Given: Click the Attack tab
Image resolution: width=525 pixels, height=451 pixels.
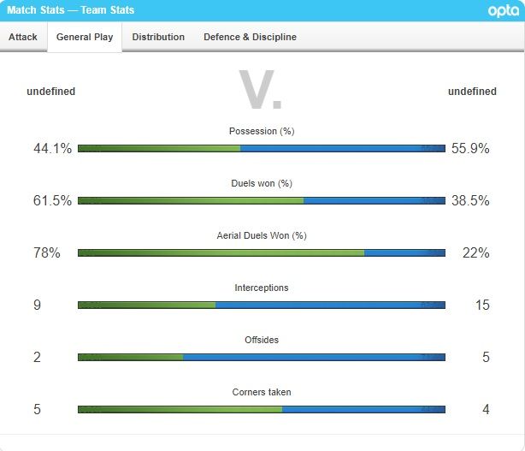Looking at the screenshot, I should coord(23,37).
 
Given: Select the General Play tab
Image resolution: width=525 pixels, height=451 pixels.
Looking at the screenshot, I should coord(85,37).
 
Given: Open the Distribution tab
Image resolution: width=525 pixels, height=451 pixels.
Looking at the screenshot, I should coord(158,37).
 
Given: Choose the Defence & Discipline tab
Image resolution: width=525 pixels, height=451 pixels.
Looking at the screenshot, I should coord(250,37).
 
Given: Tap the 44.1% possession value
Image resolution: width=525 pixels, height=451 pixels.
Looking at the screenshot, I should coord(52,148).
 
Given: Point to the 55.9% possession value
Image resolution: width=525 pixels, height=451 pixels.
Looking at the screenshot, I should coord(469,148).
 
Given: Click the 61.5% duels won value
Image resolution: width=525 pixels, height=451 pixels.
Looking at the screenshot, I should coord(52,200).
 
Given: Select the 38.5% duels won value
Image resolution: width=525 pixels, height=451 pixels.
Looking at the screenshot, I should coord(469,200).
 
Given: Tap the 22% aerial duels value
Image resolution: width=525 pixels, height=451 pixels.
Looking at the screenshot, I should coord(475,252).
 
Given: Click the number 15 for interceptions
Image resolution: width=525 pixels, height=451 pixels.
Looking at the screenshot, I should coord(482,305).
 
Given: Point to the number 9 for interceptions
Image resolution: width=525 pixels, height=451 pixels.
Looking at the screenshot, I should coord(38,305).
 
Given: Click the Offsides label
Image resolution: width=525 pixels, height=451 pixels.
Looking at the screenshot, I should coord(262,340).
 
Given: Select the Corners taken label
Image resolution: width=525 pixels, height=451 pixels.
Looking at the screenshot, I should coord(262,392).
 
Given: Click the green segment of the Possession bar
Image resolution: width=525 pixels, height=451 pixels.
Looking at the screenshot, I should coord(159,148).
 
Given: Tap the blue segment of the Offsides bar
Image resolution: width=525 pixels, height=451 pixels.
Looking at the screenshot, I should coord(314,357).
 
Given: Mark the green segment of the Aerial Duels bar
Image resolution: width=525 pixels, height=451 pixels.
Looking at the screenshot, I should coord(221,252).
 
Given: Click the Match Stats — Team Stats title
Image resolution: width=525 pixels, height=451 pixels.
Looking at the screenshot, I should coord(70,10).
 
